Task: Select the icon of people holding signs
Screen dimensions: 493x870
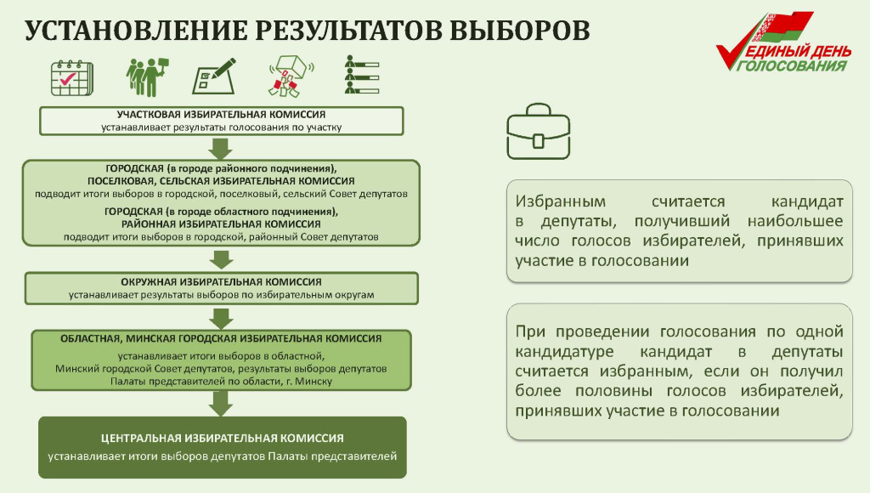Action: pos(145,77)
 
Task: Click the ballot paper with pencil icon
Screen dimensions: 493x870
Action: pos(214,77)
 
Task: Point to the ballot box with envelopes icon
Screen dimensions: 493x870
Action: pos(290,77)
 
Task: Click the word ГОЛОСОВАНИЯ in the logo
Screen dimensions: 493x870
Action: pos(794,66)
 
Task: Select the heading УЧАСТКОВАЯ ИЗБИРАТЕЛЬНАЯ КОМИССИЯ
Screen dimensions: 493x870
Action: pos(221,114)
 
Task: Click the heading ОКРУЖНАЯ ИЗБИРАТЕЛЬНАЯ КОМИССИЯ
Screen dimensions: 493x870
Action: pos(221,281)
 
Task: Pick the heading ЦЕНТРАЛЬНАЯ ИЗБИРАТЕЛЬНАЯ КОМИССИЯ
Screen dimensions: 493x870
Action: pos(222,438)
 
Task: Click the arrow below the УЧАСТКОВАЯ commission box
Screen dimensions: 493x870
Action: pos(221,147)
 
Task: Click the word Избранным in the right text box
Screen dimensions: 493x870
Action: pos(560,202)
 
